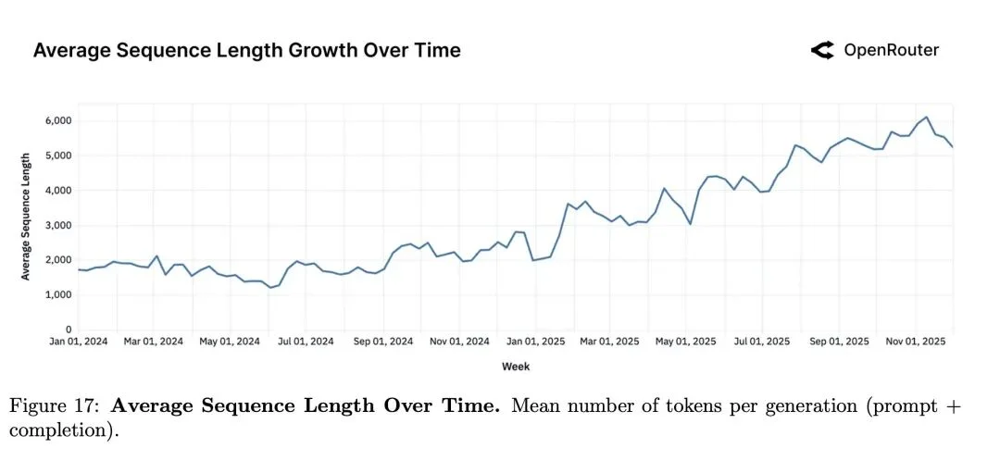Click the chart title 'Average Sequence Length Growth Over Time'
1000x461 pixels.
click(246, 50)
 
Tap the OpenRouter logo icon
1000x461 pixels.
click(822, 51)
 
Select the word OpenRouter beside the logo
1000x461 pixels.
click(891, 51)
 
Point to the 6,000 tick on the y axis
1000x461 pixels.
click(56, 120)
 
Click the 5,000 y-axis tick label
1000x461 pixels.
click(56, 156)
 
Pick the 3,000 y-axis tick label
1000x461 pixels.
click(56, 225)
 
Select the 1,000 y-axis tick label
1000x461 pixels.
click(56, 294)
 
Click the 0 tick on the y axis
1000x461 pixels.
click(68, 329)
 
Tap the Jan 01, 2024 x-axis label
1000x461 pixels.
click(79, 342)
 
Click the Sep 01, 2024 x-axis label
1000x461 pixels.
click(384, 342)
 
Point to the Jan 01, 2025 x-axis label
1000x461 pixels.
click(534, 342)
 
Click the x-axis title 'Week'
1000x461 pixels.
click(516, 367)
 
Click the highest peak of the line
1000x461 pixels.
click(927, 118)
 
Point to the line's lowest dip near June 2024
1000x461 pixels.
click(270, 287)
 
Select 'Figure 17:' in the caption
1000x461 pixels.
click(55, 405)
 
